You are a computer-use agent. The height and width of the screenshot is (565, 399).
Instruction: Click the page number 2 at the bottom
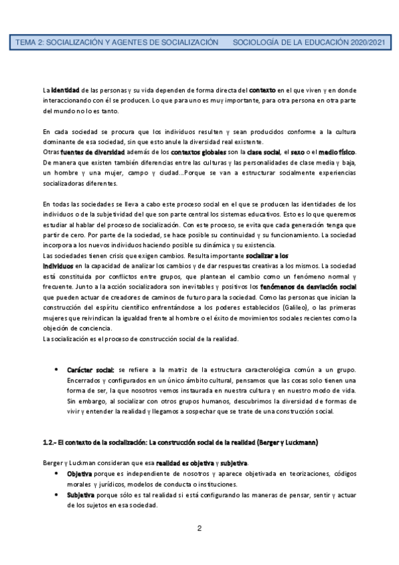pyautogui.click(x=199, y=529)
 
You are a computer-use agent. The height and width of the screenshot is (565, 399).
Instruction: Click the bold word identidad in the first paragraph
pyautogui.click(x=66, y=89)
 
